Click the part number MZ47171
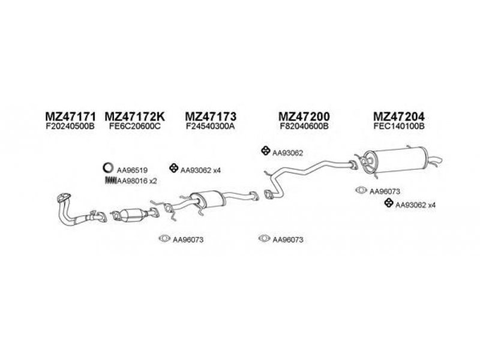coord(70,116)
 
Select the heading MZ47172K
coord(136,116)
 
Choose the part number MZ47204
coord(398,116)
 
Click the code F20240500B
coord(70,127)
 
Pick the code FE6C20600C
coord(135,127)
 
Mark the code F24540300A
coord(210,127)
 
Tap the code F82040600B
coord(304,127)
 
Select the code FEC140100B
coord(398,127)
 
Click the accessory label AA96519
coord(132,170)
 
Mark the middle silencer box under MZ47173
coord(204,198)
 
